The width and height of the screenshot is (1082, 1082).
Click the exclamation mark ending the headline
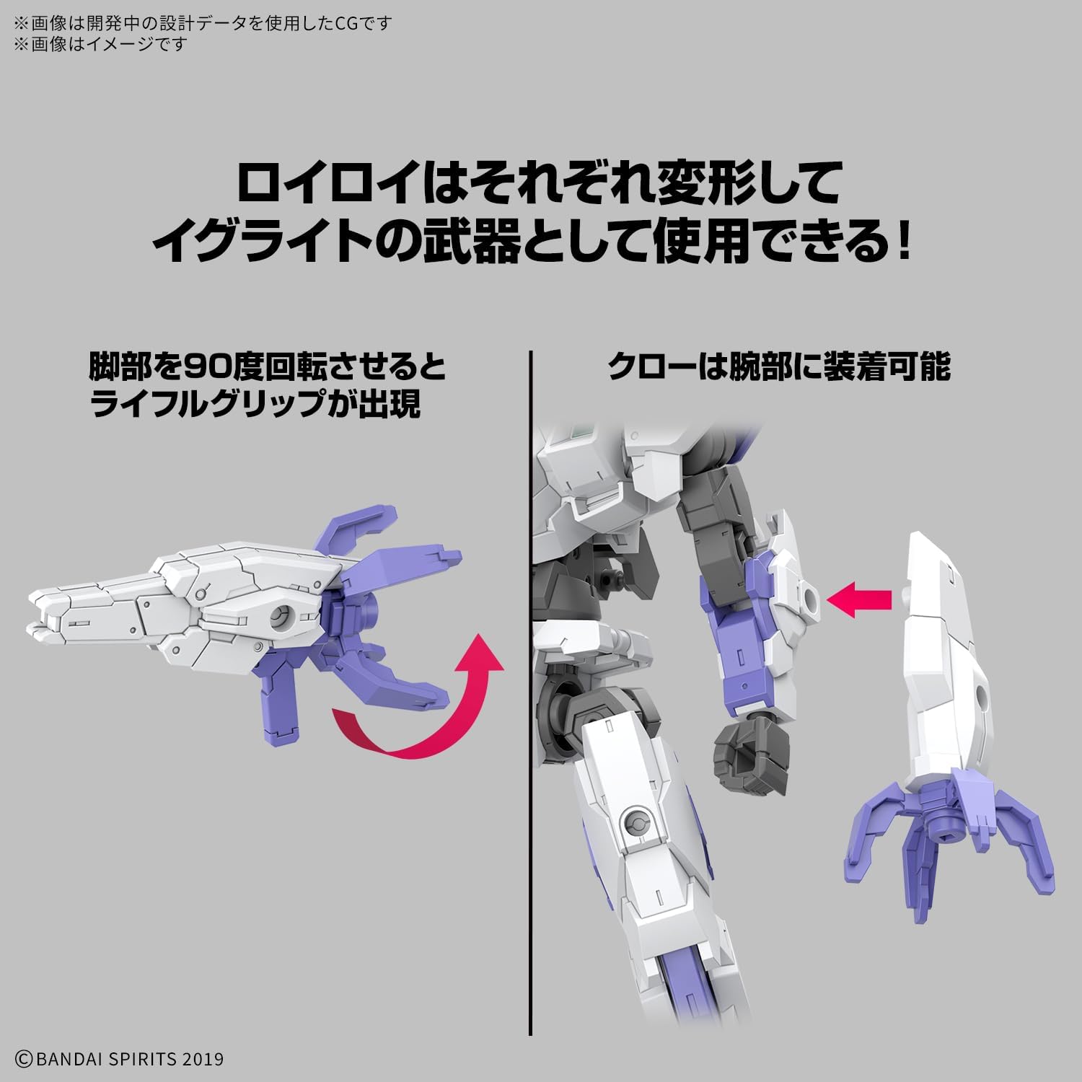point(903,242)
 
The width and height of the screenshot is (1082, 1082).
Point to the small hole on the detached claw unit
point(982,694)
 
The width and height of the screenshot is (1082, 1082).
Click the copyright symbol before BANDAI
point(23,1059)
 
